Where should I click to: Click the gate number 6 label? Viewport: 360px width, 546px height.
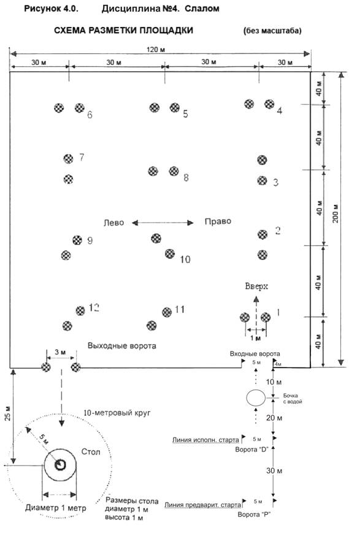pos(90,115)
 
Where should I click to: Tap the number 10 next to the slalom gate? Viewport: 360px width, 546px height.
pos(185,260)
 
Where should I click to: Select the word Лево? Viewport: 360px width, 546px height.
pos(114,223)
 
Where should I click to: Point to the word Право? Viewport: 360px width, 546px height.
pos(218,221)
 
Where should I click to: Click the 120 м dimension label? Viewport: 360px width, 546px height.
pos(156,50)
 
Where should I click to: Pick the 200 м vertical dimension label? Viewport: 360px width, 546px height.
pos(335,213)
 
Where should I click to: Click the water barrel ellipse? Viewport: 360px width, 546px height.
pos(256,398)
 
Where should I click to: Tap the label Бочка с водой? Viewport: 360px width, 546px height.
pos(293,399)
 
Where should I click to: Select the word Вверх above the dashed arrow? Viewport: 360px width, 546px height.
pos(256,286)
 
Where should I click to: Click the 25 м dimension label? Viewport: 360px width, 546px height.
pos(8,413)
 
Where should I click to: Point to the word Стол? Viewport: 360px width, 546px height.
pos(91,452)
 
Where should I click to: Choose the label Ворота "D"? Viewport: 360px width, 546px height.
pos(251,450)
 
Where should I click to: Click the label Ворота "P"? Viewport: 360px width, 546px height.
pos(254,515)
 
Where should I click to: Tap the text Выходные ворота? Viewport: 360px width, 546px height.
pos(122,346)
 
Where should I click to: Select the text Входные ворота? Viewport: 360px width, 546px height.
pos(255,354)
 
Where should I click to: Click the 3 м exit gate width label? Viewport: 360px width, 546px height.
pos(60,352)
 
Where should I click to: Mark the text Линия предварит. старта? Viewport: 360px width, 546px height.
pos(202,505)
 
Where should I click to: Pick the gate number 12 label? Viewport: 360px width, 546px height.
pos(94,308)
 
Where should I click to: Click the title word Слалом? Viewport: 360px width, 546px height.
pos(202,9)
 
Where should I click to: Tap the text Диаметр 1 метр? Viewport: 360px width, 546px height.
pos(56,508)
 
